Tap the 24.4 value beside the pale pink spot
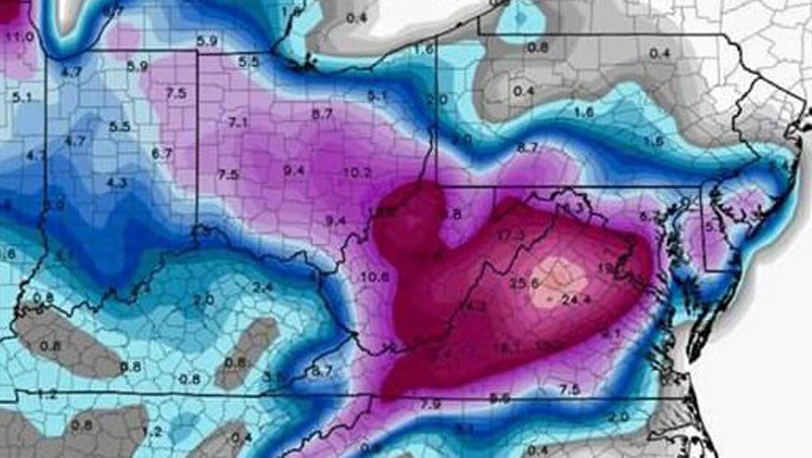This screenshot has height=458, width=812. coord(577,298)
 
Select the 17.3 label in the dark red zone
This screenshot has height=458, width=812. coord(510,236)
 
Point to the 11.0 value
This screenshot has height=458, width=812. coord(19,36)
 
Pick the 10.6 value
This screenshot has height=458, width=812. coord(375,277)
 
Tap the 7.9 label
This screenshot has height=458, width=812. coord(429,404)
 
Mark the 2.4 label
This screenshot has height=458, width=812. coord(264,287)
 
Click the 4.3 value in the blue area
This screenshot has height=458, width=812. coord(116,182)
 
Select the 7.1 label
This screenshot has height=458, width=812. coord(237,122)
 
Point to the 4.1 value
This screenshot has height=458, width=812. coord(35,155)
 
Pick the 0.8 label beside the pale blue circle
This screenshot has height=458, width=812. coord(537,47)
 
